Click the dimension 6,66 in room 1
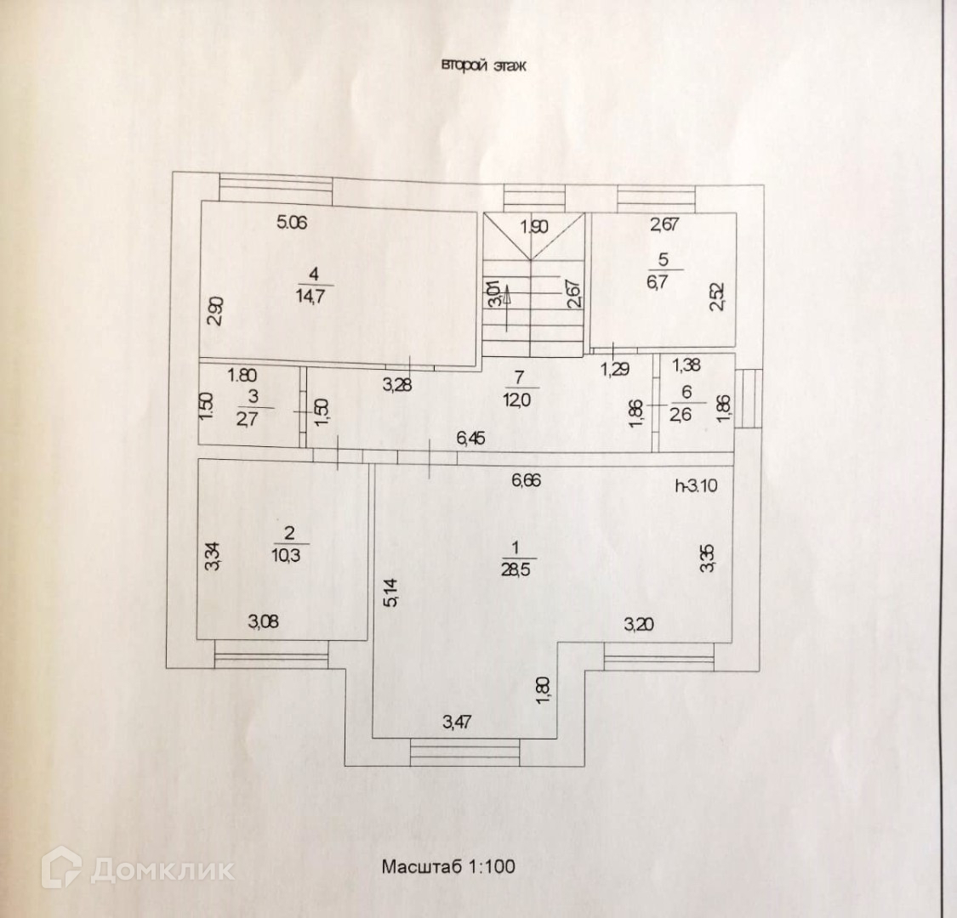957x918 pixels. pos(525,479)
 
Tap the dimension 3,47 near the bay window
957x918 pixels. pos(460,723)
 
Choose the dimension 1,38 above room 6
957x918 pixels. pos(686,365)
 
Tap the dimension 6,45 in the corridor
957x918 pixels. pos(472,439)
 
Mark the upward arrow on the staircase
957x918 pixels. pos(507,298)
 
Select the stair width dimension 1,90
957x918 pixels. pos(534,226)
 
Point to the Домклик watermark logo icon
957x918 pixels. pos(66,869)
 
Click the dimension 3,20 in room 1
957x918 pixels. pos(641,626)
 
